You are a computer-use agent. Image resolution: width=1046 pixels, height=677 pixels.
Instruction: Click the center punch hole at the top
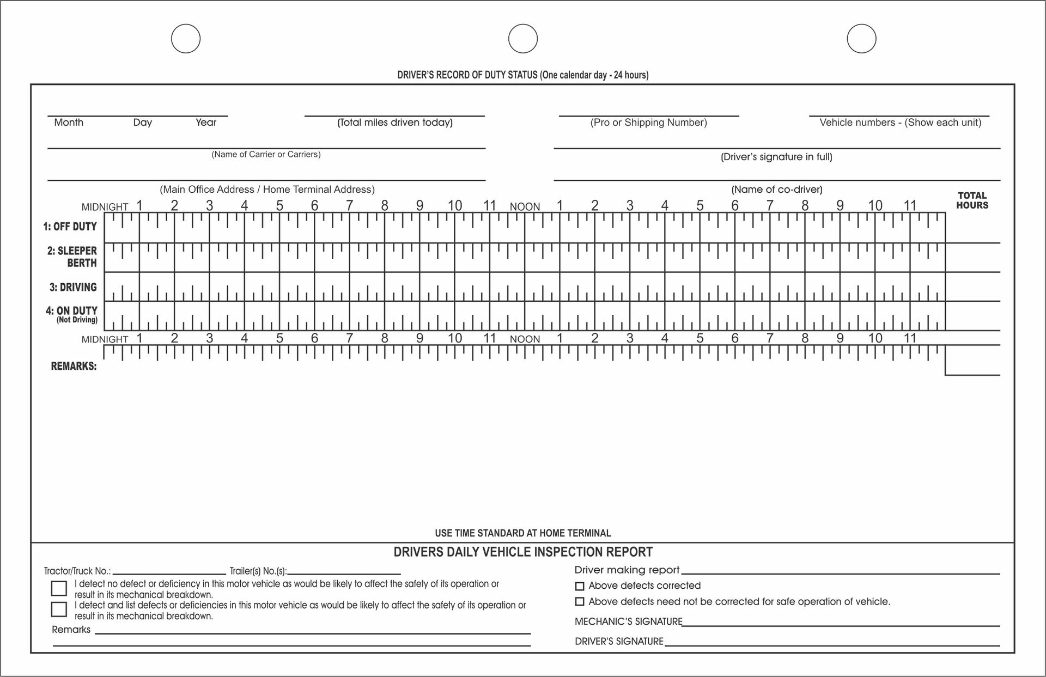(x=523, y=39)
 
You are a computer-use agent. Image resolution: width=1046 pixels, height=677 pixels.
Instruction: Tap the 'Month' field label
(x=69, y=123)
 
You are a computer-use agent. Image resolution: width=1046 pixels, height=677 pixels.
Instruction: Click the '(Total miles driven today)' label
(x=395, y=123)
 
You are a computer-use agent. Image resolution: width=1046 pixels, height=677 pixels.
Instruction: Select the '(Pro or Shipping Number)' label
(x=648, y=123)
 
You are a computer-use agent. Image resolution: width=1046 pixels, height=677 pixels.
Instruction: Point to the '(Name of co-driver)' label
(x=776, y=190)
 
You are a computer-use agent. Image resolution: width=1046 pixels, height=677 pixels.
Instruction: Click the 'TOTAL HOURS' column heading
(x=972, y=200)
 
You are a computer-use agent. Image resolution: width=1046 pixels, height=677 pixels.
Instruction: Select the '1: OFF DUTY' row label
(x=70, y=227)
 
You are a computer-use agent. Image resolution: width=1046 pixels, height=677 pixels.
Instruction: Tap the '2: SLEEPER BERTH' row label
(x=72, y=257)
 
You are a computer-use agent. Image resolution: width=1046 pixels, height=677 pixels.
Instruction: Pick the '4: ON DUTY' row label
(x=71, y=312)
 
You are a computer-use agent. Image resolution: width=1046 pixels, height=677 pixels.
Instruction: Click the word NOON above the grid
(x=525, y=207)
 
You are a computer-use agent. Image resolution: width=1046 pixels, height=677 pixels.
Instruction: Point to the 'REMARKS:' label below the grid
(x=74, y=367)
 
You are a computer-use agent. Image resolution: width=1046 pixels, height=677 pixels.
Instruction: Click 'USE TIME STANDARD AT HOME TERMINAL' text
(x=522, y=533)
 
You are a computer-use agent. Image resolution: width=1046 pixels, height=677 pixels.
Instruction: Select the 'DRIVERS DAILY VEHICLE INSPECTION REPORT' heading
(x=522, y=552)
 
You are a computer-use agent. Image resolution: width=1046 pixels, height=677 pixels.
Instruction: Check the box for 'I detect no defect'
(x=59, y=588)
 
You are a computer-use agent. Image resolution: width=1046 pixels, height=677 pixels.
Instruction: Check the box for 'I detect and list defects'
(x=59, y=609)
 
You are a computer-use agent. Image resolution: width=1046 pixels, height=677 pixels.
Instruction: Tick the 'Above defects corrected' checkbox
(x=580, y=586)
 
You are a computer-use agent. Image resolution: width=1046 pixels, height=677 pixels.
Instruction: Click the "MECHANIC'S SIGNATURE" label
(x=628, y=621)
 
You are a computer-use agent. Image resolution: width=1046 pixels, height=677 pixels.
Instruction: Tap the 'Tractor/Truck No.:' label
(x=77, y=571)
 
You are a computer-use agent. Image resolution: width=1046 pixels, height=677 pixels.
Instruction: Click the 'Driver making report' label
(x=627, y=570)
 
